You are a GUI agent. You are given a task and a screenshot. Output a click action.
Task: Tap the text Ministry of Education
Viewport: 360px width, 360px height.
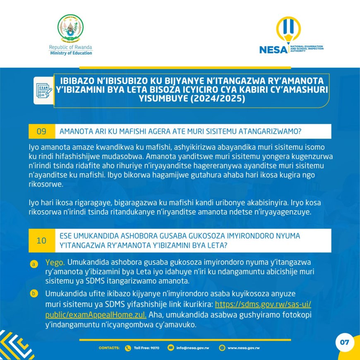pyautogui.click(x=71, y=53)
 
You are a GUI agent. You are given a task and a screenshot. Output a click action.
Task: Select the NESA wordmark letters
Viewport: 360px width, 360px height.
pyautogui.click(x=273, y=50)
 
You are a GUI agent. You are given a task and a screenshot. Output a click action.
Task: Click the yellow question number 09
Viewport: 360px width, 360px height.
pyautogui.click(x=41, y=132)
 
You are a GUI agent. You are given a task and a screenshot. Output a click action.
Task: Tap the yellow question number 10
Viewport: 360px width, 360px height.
pyautogui.click(x=41, y=240)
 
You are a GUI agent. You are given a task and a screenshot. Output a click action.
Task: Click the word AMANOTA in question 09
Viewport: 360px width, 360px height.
pyautogui.click(x=75, y=132)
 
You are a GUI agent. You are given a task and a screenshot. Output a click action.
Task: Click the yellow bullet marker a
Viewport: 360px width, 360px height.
pyautogui.click(x=33, y=263)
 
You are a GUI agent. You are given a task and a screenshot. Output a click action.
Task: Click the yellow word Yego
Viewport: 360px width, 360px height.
pyautogui.click(x=55, y=262)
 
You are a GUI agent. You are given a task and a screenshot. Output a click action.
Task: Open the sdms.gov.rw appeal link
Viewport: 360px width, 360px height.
pyautogui.click(x=263, y=305)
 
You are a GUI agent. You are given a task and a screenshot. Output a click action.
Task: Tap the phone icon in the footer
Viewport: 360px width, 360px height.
pyautogui.click(x=127, y=348)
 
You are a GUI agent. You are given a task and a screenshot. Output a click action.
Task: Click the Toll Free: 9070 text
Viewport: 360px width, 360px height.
pyautogui.click(x=146, y=348)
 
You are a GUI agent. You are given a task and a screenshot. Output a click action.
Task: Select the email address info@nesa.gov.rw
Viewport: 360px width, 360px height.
pyautogui.click(x=192, y=348)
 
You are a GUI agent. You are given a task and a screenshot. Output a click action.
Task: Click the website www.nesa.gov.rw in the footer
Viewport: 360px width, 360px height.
pyautogui.click(x=243, y=348)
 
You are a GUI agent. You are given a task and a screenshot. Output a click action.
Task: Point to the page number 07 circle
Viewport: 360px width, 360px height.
pyautogui.click(x=344, y=343)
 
